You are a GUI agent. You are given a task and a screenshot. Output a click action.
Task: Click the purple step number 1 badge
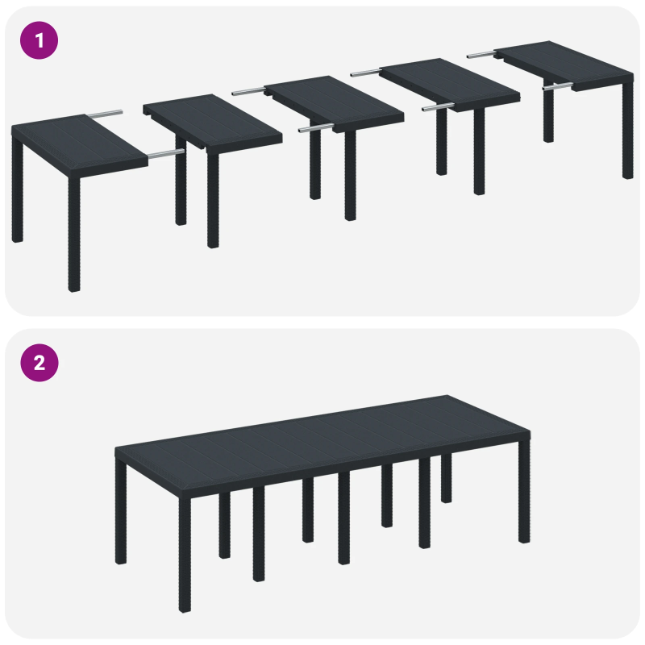pyautogui.click(x=40, y=40)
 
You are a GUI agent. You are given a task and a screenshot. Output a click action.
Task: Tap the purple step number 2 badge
pyautogui.click(x=40, y=363)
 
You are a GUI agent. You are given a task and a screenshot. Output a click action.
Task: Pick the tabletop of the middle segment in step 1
pyautogui.click(x=333, y=103)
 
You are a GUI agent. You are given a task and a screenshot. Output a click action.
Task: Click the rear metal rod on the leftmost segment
pyautogui.click(x=106, y=114)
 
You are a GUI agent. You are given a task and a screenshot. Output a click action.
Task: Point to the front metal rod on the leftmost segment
pyautogui.click(x=166, y=152)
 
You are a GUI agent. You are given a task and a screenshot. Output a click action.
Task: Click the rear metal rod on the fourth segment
pyautogui.click(x=365, y=73)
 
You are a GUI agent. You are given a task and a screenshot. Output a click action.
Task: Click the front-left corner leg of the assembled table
pyautogui.click(x=185, y=556)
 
